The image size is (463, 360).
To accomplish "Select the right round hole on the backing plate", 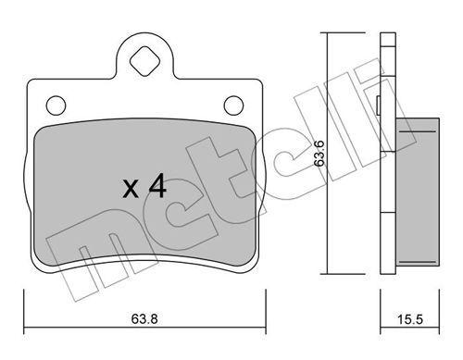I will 232,104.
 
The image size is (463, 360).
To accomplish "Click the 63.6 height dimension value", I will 318,153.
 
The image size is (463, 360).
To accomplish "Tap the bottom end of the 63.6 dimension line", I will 326,275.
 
